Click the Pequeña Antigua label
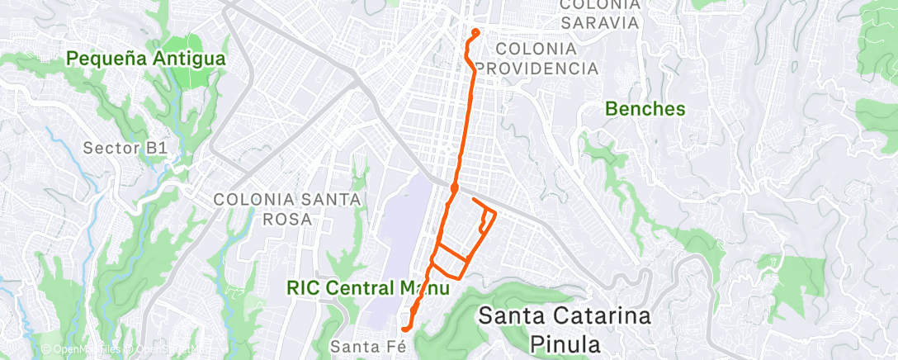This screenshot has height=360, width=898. coord(146,59)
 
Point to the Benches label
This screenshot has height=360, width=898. coord(645,108)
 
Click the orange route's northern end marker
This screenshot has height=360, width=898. coord(475,33)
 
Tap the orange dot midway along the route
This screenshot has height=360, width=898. coord(454,188)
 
